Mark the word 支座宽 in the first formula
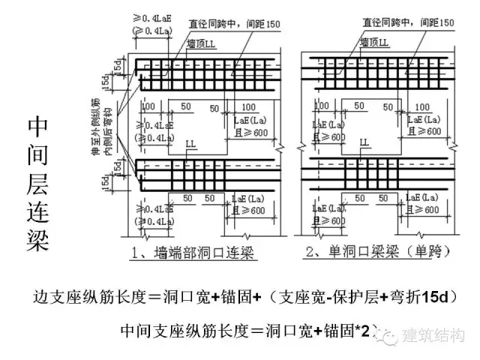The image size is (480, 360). pyautogui.click(x=303, y=298)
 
